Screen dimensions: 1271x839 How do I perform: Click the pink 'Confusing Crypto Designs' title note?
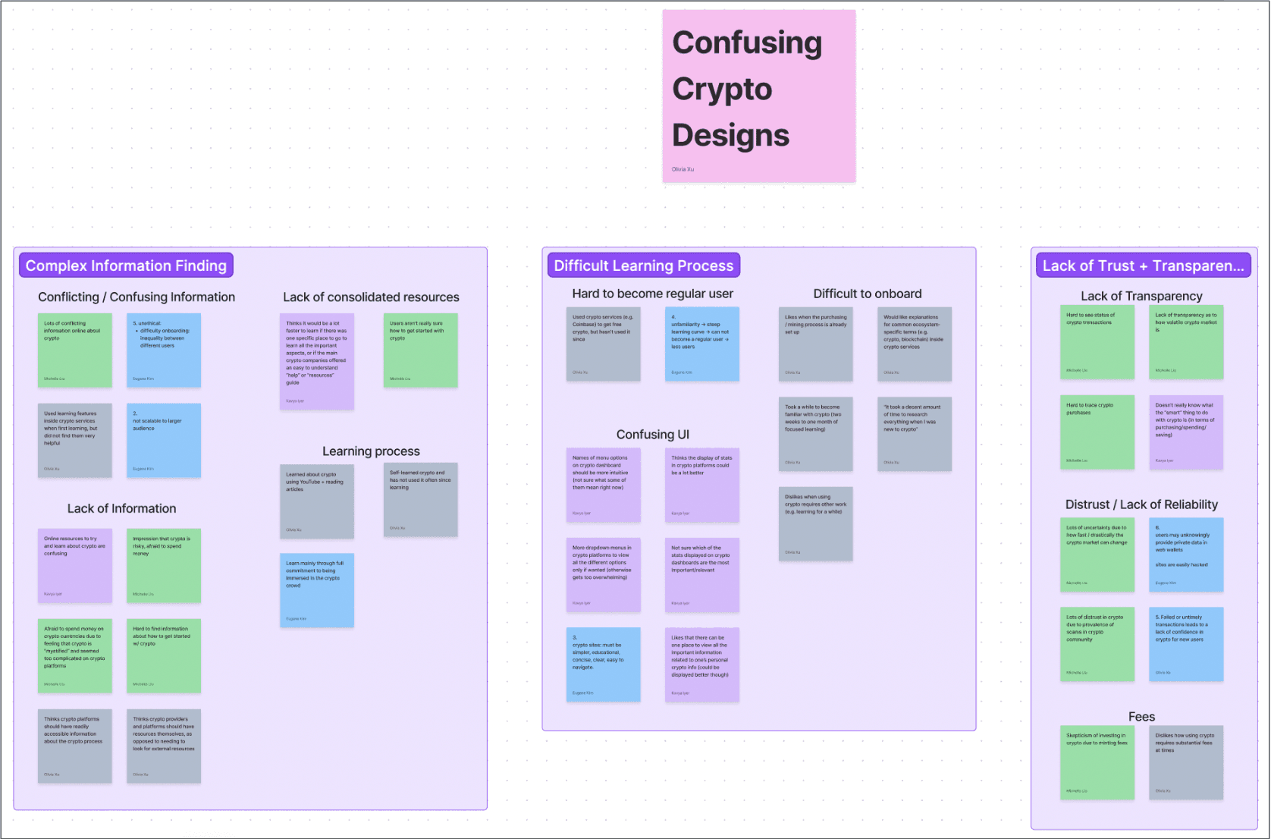point(758,96)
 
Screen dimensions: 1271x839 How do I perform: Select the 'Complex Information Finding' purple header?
point(126,266)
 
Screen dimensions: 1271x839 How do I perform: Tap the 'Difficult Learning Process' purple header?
point(643,266)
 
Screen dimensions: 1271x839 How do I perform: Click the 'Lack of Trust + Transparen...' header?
point(1143,266)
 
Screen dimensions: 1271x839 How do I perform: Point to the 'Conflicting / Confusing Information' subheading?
point(137,297)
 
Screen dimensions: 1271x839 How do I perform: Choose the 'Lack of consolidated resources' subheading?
point(371,297)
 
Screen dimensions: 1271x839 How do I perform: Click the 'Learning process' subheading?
point(371,451)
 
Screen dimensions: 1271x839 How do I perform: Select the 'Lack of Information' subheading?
point(121,509)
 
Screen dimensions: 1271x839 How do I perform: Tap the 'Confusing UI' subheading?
point(652,435)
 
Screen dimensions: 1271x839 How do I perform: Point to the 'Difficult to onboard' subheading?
point(868,294)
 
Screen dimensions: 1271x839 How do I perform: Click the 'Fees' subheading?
point(1141,717)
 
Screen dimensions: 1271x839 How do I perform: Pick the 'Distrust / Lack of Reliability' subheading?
point(1141,504)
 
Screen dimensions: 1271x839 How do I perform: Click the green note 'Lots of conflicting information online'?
point(75,350)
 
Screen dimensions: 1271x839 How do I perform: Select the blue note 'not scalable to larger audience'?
point(164,440)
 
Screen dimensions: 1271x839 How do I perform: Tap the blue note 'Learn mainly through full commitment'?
point(317,590)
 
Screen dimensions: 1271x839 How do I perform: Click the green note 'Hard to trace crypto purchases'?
point(1097,432)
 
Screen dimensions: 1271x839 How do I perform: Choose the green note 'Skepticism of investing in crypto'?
point(1097,762)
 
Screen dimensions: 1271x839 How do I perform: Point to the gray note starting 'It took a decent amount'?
point(915,434)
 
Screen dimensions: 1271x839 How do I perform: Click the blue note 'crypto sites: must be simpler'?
point(603,664)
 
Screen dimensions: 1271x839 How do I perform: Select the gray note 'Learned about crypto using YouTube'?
point(317,501)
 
